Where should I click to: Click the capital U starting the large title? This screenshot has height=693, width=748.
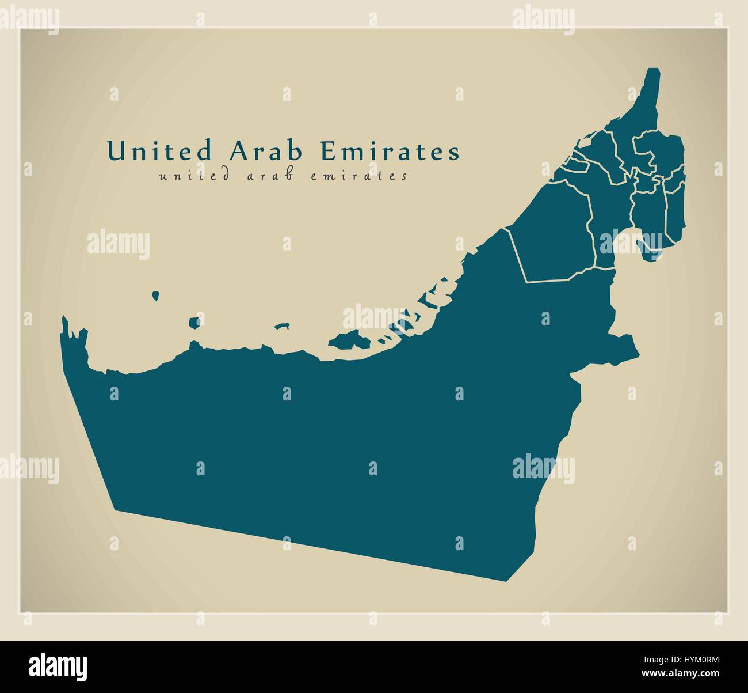[x=116, y=151]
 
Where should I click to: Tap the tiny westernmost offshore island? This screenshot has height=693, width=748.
[x=155, y=296]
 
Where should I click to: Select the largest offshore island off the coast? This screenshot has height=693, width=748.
[x=349, y=340]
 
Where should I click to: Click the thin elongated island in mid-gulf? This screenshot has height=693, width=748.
[x=281, y=326]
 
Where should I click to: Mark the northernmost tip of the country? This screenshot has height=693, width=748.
[x=654, y=70]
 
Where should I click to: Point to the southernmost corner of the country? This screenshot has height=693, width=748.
[x=506, y=581]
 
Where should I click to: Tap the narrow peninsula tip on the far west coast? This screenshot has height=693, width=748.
[x=64, y=318]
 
